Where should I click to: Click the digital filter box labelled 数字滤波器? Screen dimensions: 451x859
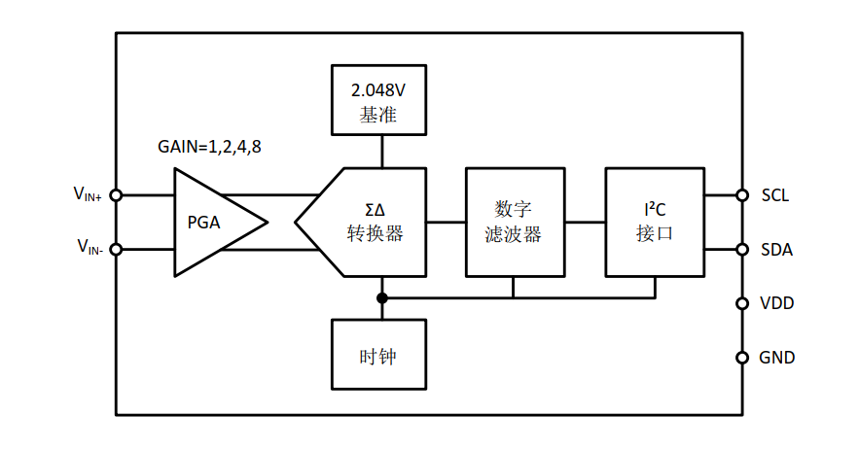[513, 222]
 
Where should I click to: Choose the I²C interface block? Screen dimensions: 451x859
[654, 222]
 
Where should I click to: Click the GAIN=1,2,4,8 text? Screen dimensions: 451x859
[209, 148]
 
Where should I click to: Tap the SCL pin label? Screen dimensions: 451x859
[775, 195]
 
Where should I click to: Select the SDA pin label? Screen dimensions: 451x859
[776, 250]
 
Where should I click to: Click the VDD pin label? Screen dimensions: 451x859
[776, 303]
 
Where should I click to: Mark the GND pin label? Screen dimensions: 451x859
[776, 358]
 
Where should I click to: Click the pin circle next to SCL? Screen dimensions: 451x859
[742, 194]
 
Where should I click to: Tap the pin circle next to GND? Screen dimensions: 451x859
[742, 357]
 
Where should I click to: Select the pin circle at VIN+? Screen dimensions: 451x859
[116, 194]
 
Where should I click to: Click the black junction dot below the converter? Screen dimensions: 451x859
[381, 297]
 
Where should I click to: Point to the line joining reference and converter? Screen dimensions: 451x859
[381, 151]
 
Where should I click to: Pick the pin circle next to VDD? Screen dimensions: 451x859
[742, 303]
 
